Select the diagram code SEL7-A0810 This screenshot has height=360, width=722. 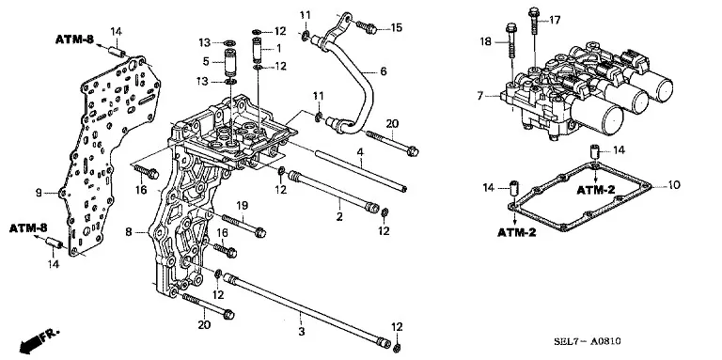tap(587, 341)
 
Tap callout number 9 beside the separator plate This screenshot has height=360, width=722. tap(39, 193)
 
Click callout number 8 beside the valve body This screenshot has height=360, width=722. tap(129, 232)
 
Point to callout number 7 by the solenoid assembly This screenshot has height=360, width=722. tap(480, 96)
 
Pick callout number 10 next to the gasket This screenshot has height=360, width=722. tap(674, 185)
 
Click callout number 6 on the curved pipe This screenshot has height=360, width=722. tap(384, 71)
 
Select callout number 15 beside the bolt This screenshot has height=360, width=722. tap(396, 27)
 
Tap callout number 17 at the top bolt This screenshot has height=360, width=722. tap(555, 21)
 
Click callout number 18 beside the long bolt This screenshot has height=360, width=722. tap(486, 42)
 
